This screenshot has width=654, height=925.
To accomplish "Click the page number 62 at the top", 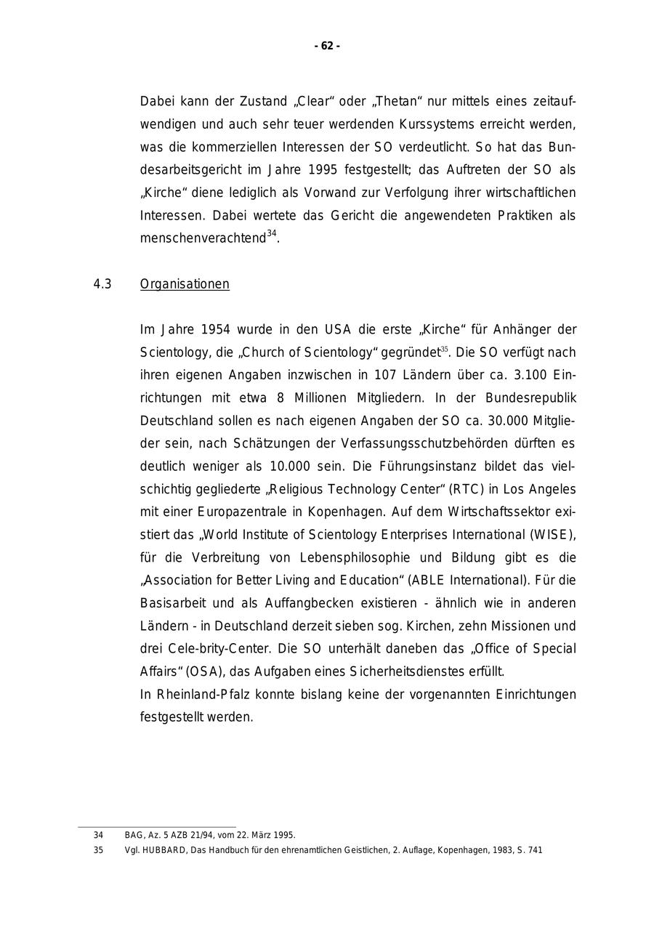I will (x=327, y=46).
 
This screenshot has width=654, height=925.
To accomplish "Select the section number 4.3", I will (x=102, y=284).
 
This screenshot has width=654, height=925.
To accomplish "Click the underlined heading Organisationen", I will (x=185, y=284).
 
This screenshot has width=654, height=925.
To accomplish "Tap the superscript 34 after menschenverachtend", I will (x=272, y=234).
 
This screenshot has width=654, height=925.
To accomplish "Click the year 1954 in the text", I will (x=215, y=329).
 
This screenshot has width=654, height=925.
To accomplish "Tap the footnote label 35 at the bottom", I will (x=98, y=850).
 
